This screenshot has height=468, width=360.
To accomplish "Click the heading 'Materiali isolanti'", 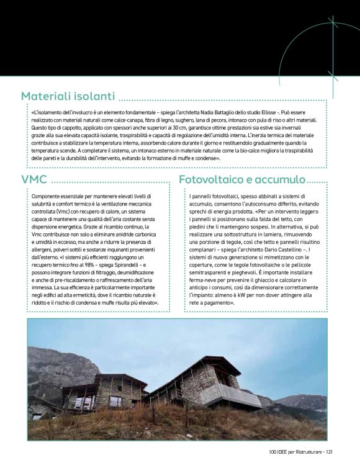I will pyautogui.click(x=68, y=96).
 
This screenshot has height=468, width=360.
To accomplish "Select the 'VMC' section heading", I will pyautogui.click(x=34, y=179).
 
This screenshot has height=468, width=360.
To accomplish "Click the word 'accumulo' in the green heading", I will pyautogui.click(x=281, y=179).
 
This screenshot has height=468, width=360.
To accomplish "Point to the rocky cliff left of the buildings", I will pyautogui.click(x=56, y=372).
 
